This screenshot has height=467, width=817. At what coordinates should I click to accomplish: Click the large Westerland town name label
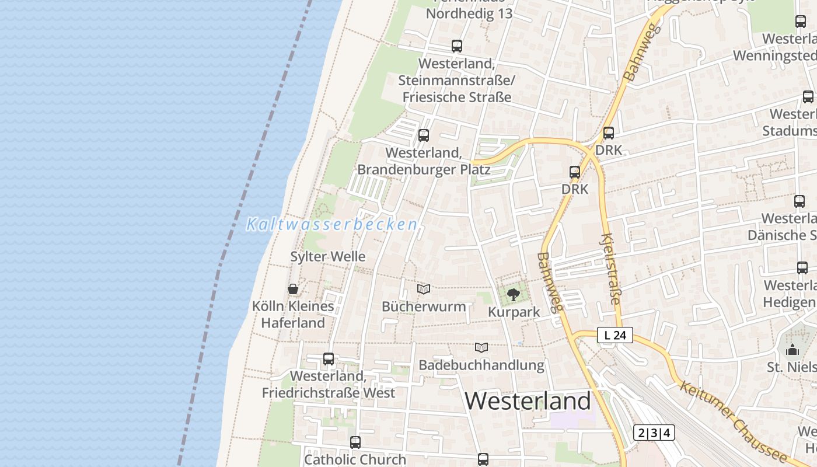[x=528, y=401]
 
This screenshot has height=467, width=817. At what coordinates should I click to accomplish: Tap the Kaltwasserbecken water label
[x=331, y=224]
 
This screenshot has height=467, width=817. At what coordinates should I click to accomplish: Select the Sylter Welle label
[x=328, y=256]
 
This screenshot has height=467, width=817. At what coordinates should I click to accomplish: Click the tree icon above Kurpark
[x=514, y=295]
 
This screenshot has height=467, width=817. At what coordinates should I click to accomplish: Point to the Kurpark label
[x=514, y=312]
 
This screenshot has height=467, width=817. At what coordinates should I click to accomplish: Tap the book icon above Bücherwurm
[x=424, y=289]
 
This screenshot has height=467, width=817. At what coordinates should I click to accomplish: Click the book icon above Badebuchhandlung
[x=481, y=348]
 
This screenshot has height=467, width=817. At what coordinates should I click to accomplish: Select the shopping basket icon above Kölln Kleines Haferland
[x=293, y=289]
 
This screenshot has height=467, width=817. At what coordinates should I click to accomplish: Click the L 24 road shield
[x=615, y=335]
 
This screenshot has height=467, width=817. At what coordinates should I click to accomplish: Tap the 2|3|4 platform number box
[x=654, y=433]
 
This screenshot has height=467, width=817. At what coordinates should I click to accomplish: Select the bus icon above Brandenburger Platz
[x=424, y=135]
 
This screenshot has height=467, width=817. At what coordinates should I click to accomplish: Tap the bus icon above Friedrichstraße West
[x=329, y=359]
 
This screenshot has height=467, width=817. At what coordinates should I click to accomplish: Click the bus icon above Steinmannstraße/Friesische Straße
[x=457, y=46]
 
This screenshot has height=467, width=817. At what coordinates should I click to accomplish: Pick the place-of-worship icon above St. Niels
[x=792, y=350]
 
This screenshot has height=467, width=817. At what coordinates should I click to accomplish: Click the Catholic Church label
[x=355, y=459]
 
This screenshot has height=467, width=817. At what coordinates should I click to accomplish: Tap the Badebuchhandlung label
[x=481, y=365]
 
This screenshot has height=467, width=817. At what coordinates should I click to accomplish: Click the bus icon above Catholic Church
[x=355, y=442]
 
